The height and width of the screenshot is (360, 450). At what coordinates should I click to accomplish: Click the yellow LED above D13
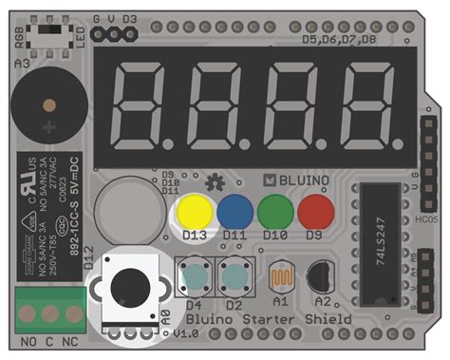click(195, 210)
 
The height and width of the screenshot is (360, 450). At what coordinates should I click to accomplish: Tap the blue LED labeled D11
click(234, 210)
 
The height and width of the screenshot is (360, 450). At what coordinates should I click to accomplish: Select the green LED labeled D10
click(275, 210)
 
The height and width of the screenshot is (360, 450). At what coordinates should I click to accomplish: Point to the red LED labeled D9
click(316, 210)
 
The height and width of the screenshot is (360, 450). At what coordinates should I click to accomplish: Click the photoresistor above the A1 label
click(281, 277)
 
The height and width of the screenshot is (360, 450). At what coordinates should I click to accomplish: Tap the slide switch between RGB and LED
click(52, 32)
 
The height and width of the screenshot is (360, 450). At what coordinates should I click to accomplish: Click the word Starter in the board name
click(272, 320)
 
